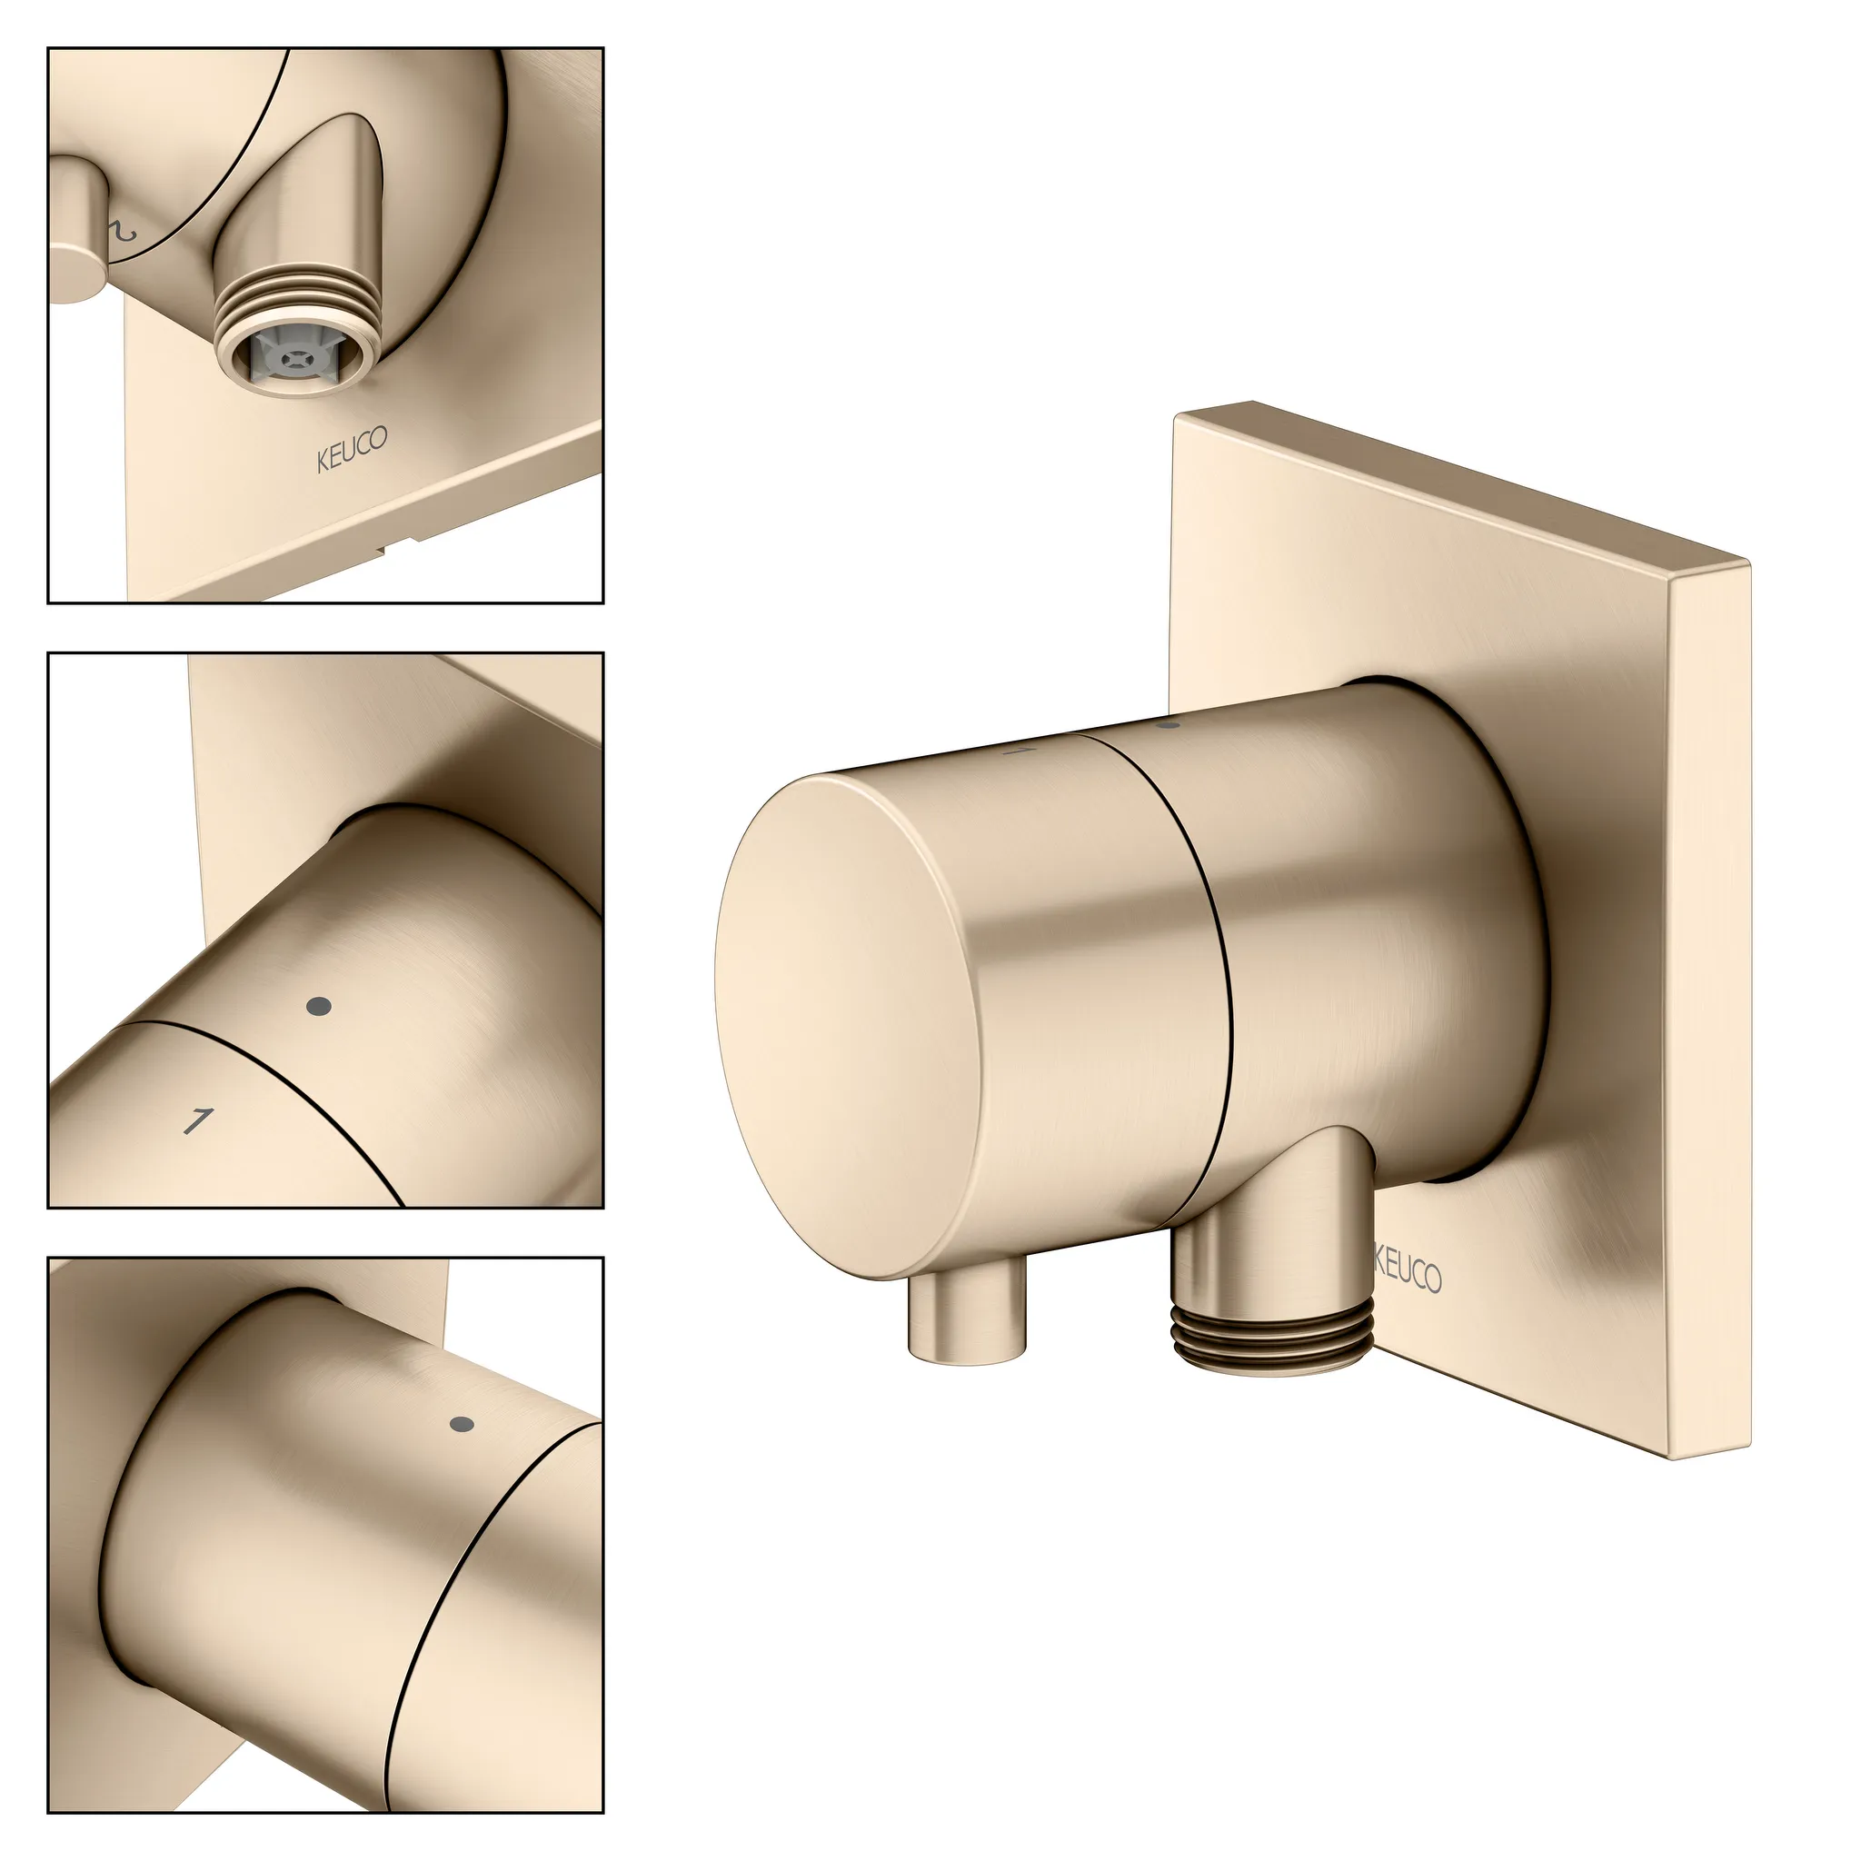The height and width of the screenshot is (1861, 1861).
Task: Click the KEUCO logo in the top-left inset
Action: pyautogui.click(x=353, y=450)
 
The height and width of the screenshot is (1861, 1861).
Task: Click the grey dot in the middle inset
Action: pyautogui.click(x=319, y=1007)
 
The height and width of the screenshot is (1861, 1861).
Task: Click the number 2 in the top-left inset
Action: pyautogui.click(x=124, y=231)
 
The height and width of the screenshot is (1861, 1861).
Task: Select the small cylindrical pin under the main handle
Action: pyautogui.click(x=966, y=1319)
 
